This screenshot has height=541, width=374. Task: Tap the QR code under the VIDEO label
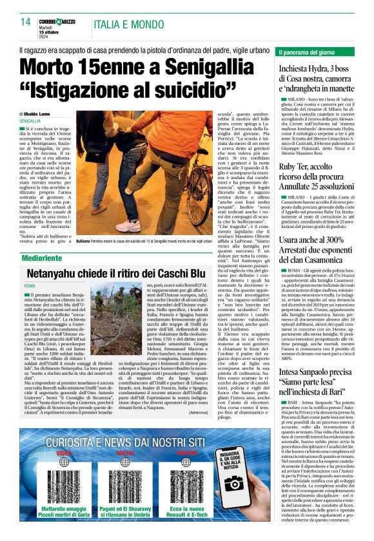click(x=63, y=470)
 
